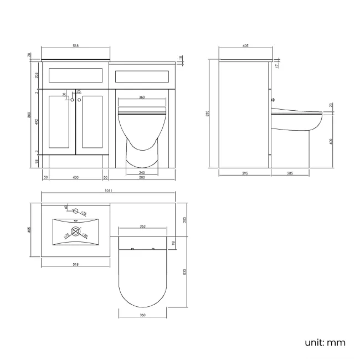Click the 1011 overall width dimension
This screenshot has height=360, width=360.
108,191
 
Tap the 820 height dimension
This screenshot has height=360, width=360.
207,113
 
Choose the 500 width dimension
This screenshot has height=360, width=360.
142,177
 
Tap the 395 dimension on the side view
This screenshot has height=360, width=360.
245,173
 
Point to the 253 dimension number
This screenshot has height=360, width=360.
185,219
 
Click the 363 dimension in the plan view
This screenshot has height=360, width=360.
142,227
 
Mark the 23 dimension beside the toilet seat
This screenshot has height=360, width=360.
331,105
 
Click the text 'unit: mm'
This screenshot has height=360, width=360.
325,342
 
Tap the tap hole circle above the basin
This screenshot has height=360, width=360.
76,210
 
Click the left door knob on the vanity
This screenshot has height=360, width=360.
72,100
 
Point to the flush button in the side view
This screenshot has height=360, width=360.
272,101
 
